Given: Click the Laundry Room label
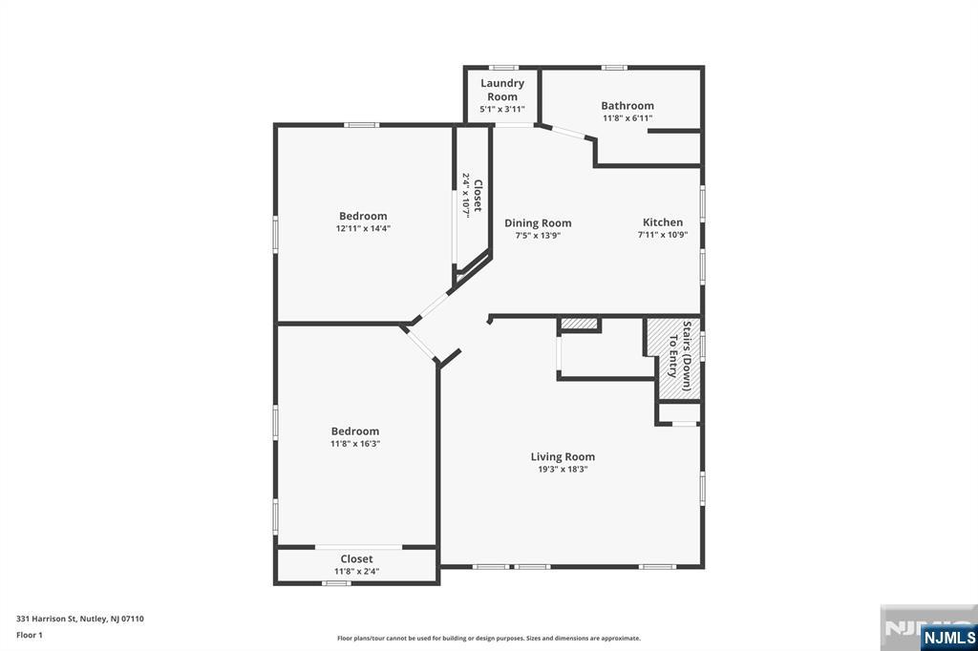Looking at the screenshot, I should pyautogui.click(x=502, y=90).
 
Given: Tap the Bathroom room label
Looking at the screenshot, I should pyautogui.click(x=627, y=106).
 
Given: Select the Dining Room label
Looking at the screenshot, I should pyautogui.click(x=538, y=223).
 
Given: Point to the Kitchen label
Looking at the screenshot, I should pyautogui.click(x=662, y=222).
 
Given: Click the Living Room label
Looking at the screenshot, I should pyautogui.click(x=563, y=457).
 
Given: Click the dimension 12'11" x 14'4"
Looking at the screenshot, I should pyautogui.click(x=362, y=229).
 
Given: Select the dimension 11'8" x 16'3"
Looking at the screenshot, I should pyautogui.click(x=355, y=444).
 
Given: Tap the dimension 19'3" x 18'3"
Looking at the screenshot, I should pyautogui.click(x=563, y=470).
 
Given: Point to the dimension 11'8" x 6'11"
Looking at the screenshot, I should pyautogui.click(x=627, y=118).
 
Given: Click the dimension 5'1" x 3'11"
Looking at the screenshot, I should pyautogui.click(x=502, y=110).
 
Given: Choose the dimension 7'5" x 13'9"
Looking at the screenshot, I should pyautogui.click(x=538, y=236).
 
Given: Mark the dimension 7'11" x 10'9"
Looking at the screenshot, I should pyautogui.click(x=662, y=235).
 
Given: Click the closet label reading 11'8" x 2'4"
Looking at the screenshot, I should pyautogui.click(x=356, y=572).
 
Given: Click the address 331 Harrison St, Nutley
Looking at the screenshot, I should pyautogui.click(x=80, y=619).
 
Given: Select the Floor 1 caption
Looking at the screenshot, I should pyautogui.click(x=31, y=635).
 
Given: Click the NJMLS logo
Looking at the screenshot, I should pyautogui.click(x=948, y=637).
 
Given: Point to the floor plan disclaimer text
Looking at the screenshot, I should pyautogui.click(x=489, y=639).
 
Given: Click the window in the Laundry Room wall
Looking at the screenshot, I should pyautogui.click(x=503, y=68).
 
